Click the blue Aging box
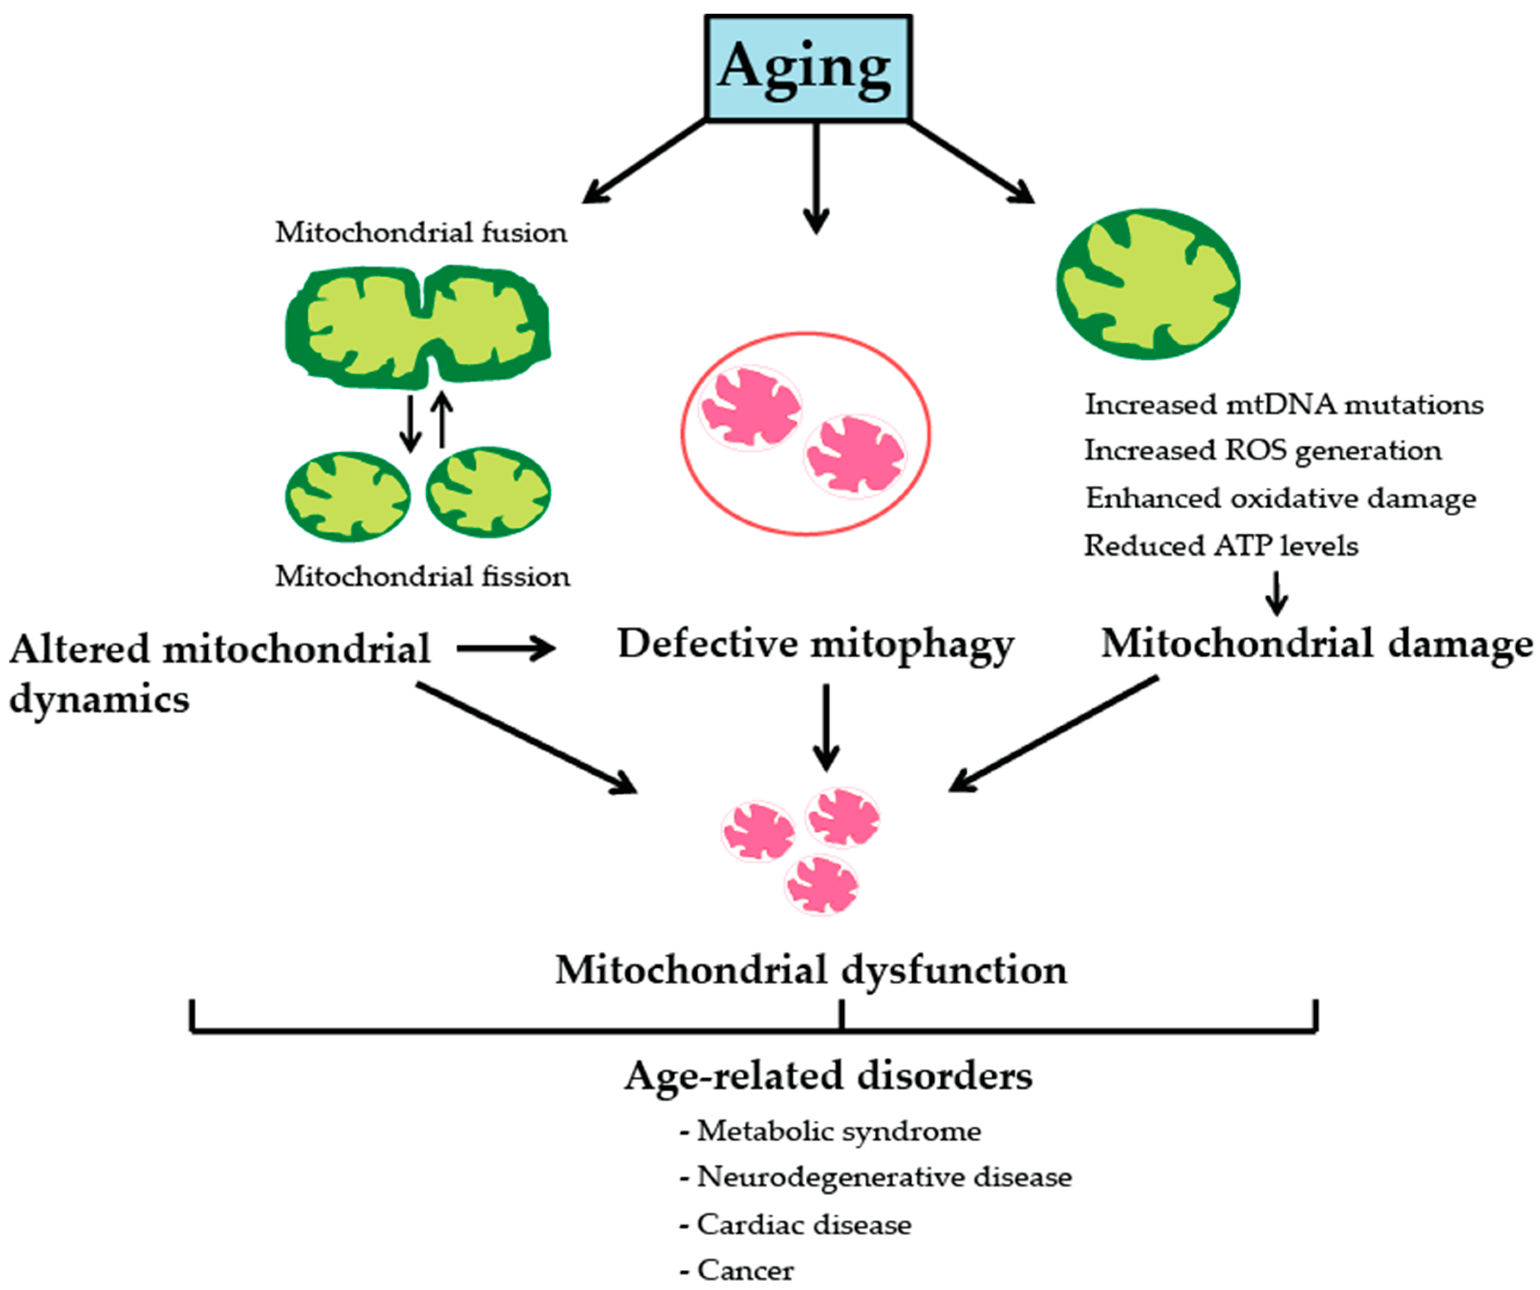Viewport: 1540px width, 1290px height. (x=808, y=68)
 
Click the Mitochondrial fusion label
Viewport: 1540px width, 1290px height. (x=421, y=233)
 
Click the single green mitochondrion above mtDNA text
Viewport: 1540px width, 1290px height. (x=1147, y=284)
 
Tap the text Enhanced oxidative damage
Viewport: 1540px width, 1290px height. (x=1281, y=498)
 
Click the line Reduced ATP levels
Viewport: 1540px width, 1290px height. (x=1221, y=545)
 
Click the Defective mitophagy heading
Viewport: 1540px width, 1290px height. (x=816, y=644)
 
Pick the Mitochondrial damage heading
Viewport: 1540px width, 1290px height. (x=1316, y=644)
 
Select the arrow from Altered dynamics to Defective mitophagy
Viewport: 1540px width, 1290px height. (x=506, y=648)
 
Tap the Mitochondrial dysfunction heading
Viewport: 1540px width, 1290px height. (x=811, y=970)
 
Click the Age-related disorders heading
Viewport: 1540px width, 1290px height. (x=829, y=1076)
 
